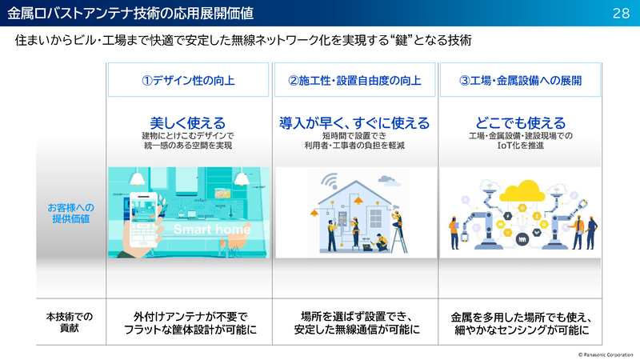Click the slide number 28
pos(621,13)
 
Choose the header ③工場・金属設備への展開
pos(520,81)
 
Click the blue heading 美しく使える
pos(188,122)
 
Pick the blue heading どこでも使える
pos(520,122)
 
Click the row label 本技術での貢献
pos(70,322)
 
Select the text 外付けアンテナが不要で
pos(188,316)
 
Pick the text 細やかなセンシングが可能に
pos(520,330)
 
